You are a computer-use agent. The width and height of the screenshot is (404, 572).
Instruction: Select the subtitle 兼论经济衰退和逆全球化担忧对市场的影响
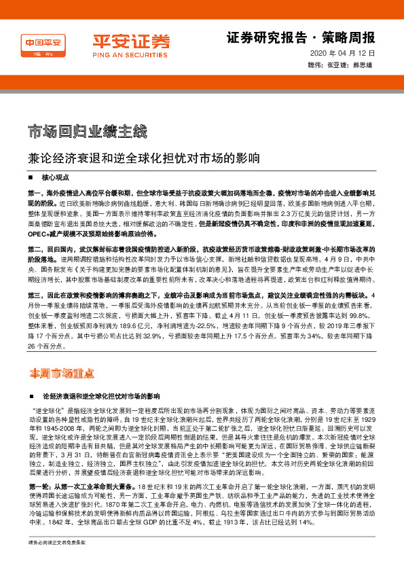coord(144,159)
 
